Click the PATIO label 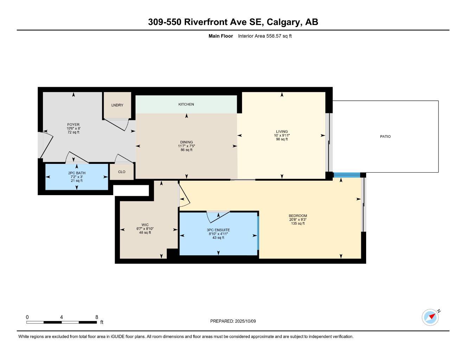click(385, 136)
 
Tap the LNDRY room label click(117, 105)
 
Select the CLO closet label click(122, 172)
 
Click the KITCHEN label click(186, 104)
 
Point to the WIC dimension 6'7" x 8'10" click(145, 229)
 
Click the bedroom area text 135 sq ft click(298, 224)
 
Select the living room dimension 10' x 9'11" click(282, 135)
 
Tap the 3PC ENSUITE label click(218, 230)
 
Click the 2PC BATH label click(77, 173)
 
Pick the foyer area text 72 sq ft click(74, 132)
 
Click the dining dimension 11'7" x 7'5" click(186, 146)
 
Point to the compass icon click(430, 317)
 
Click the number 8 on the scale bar click(97, 317)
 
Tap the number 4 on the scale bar click(62, 317)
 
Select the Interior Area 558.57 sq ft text click(265, 36)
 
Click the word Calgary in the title click(284, 22)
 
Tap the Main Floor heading click(221, 36)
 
